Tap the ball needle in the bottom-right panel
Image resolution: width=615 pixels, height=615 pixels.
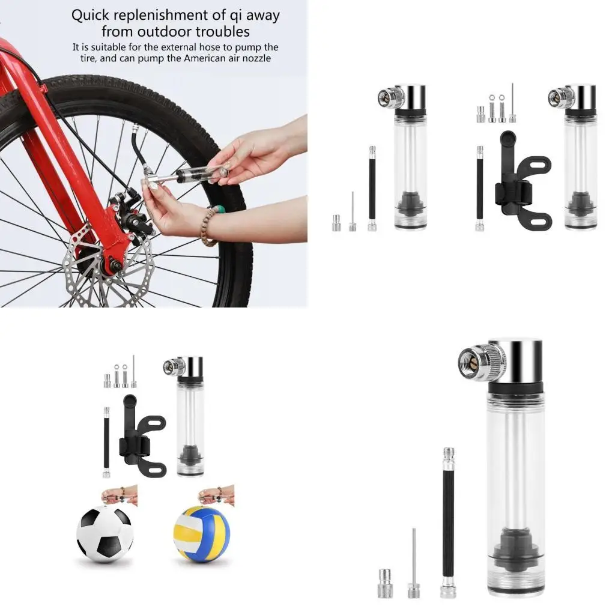[414, 565]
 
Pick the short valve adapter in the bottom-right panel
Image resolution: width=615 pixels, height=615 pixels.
[384, 583]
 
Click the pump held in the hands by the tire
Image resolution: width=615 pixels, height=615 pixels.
[192, 175]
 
